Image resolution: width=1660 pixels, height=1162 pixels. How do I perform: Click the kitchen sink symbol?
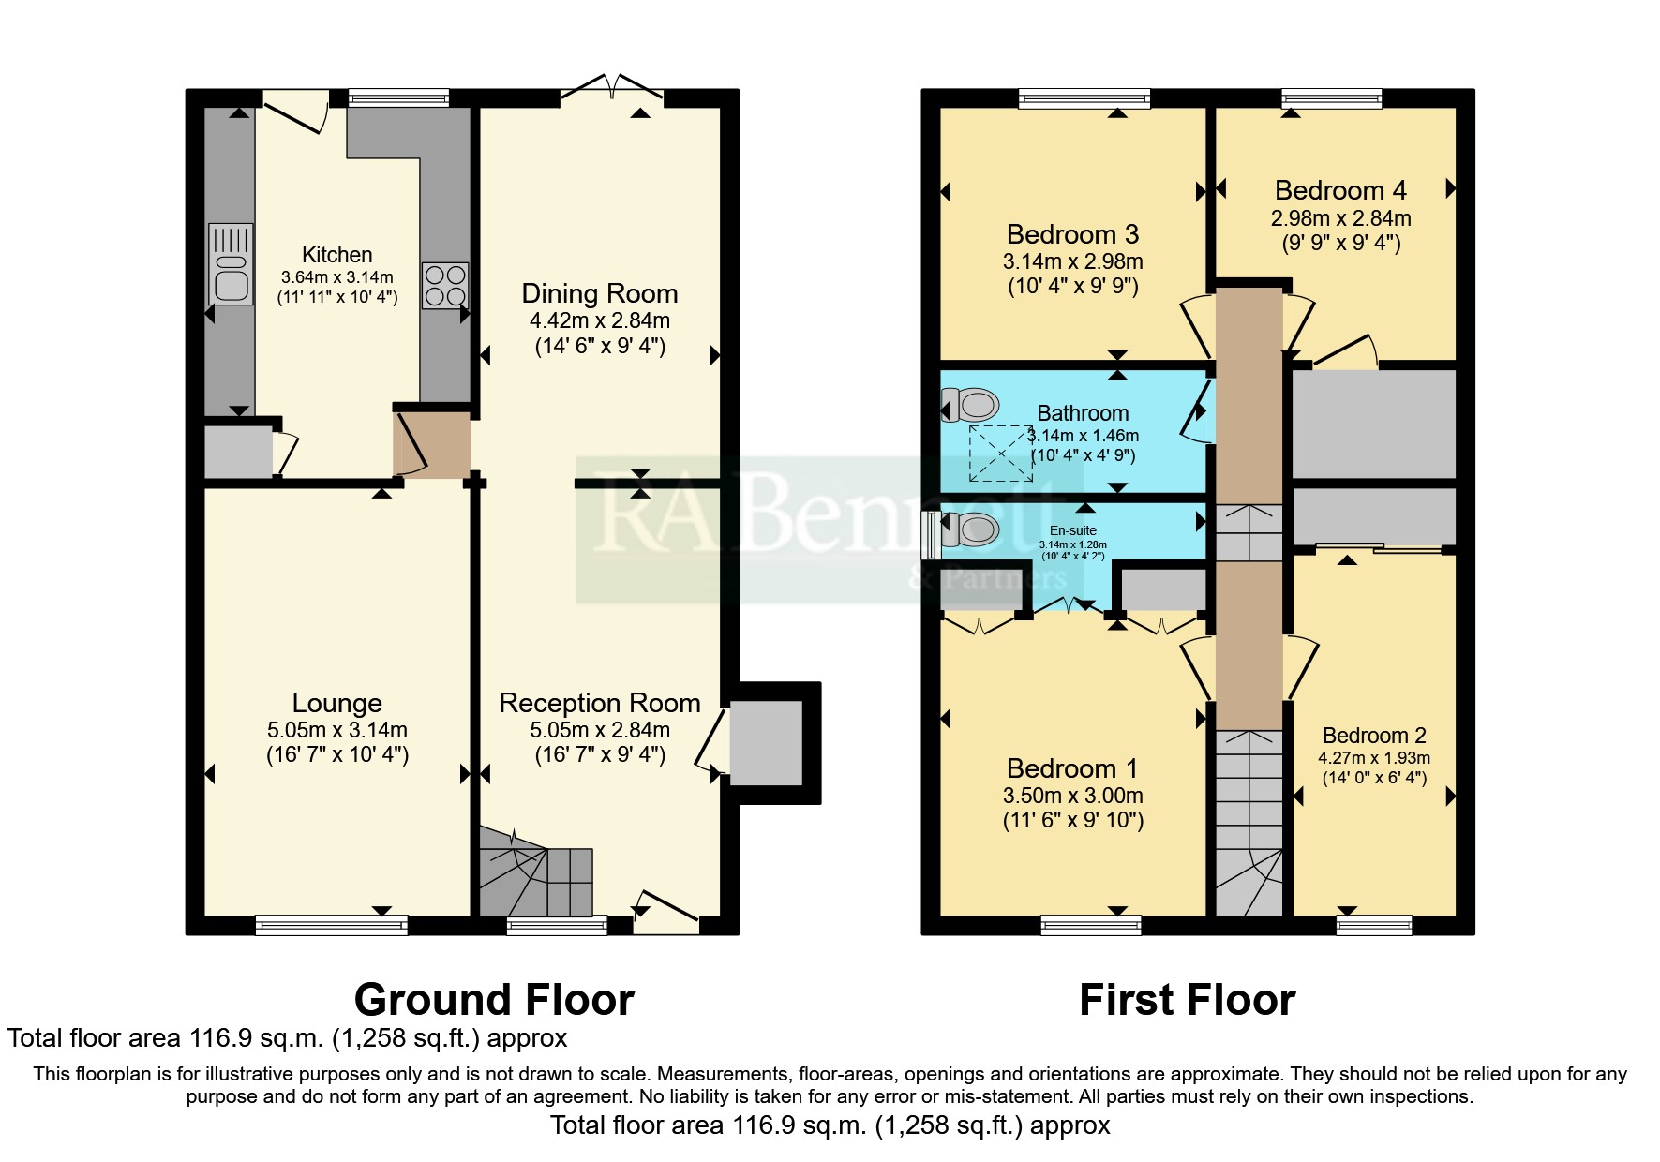(231, 264)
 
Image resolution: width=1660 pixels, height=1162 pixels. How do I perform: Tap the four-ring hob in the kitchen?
(445, 286)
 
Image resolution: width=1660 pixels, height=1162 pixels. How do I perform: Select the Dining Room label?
(600, 293)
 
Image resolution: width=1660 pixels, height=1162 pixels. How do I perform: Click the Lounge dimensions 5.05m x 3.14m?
(337, 730)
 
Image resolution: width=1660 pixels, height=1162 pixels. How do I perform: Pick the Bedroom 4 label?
(1340, 190)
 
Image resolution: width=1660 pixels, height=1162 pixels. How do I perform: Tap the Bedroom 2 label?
(1374, 736)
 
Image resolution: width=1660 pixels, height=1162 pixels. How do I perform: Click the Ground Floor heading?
(494, 1000)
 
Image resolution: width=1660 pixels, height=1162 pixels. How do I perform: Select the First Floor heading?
(1187, 1000)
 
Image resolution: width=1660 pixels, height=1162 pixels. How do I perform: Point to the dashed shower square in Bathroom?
(1000, 453)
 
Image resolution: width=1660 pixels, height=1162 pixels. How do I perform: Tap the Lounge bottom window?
(332, 925)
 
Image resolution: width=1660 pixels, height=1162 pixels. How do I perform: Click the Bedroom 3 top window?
(1084, 98)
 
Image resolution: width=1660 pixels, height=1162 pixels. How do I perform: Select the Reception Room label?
(600, 703)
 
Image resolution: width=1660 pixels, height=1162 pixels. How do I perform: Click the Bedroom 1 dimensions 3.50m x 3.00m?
(1072, 796)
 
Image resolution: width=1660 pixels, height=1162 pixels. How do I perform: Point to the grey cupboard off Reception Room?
(766, 743)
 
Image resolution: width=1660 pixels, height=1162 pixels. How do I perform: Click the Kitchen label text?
(337, 255)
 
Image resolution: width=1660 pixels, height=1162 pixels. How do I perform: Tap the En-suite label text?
(1073, 530)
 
